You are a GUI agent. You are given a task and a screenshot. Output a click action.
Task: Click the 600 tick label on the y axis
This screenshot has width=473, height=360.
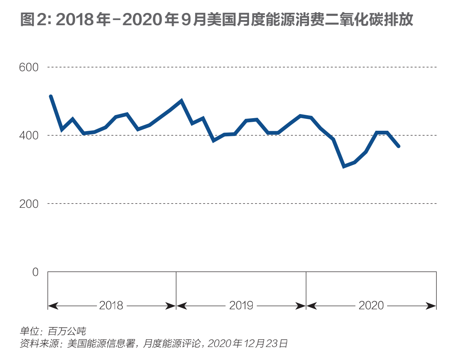click(28, 67)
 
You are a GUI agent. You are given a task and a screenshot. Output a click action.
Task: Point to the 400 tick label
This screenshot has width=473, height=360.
click(28, 136)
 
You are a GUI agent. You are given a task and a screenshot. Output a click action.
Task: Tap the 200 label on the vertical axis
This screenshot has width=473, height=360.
click(28, 204)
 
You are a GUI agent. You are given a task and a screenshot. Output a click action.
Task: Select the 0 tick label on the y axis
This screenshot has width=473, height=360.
click(35, 272)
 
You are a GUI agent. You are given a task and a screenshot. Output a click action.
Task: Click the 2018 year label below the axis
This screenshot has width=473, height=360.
click(111, 306)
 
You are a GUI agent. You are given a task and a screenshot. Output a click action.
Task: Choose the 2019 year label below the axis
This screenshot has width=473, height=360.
click(241, 306)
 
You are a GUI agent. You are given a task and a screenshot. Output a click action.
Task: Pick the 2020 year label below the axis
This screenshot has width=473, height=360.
click(371, 306)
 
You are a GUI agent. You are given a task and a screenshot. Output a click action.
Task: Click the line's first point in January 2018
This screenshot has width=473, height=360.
click(51, 96)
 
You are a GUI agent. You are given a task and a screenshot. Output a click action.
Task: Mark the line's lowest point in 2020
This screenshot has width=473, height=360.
click(344, 166)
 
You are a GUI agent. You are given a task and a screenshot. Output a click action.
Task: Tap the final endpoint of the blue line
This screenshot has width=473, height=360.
click(398, 146)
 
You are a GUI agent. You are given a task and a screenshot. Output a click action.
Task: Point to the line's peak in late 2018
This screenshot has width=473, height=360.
click(181, 101)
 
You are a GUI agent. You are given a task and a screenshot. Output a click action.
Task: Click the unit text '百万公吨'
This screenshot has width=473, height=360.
click(67, 331)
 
